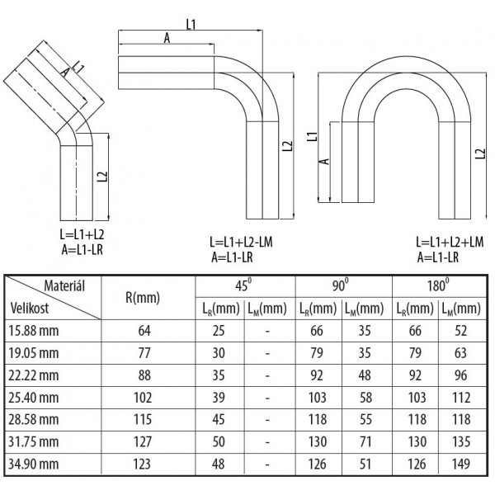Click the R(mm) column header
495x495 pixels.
click(x=143, y=298)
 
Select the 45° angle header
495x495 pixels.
click(x=243, y=285)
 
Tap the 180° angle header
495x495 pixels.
click(x=438, y=285)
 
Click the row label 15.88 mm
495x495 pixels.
click(x=34, y=331)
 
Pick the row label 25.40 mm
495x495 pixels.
click(x=34, y=398)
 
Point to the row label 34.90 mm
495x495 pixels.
click(x=34, y=464)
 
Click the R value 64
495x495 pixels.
click(x=144, y=331)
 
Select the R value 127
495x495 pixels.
click(x=143, y=441)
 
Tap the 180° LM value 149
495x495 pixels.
click(x=461, y=464)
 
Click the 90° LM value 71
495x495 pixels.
click(x=365, y=441)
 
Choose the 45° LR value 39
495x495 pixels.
click(x=219, y=398)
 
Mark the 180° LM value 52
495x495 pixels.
click(x=461, y=331)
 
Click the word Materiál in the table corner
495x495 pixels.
click(x=64, y=286)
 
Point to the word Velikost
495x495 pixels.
click(x=30, y=308)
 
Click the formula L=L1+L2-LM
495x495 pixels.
click(x=241, y=243)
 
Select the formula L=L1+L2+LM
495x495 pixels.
click(x=450, y=243)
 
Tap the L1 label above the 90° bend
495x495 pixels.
click(x=191, y=24)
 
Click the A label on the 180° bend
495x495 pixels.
click(x=324, y=162)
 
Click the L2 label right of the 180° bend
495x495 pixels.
click(x=480, y=153)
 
